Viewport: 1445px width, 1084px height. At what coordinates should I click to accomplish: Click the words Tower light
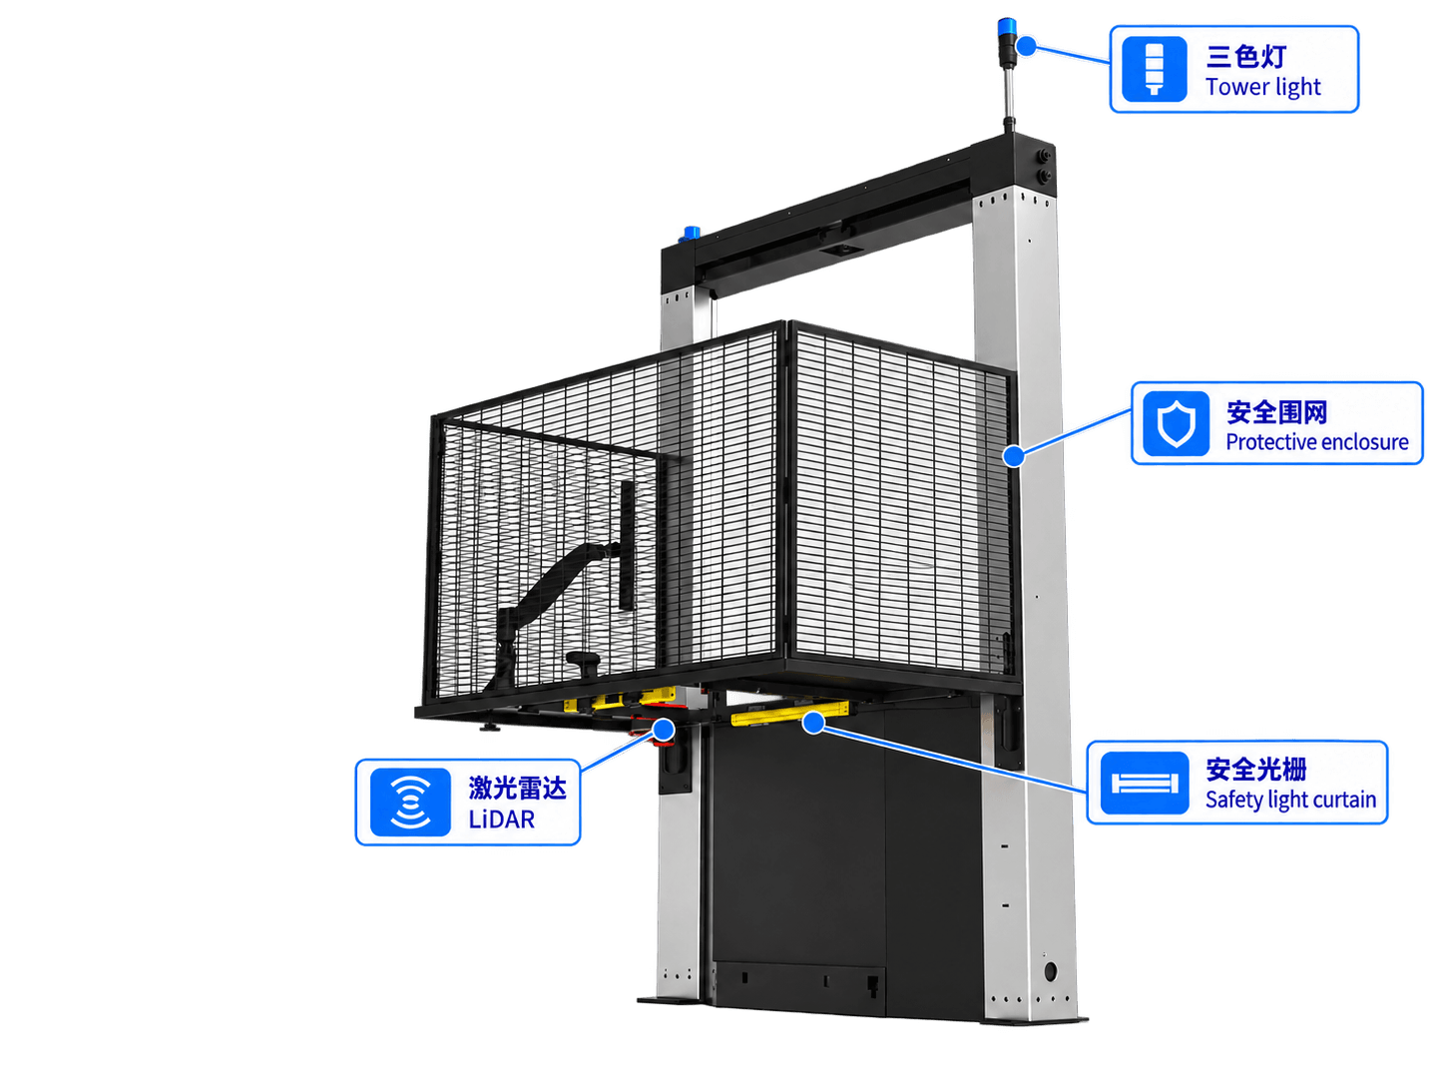coord(1262,87)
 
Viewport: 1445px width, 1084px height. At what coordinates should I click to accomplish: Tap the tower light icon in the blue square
coord(1154,69)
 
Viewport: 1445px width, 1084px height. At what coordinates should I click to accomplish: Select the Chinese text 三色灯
coord(1245,56)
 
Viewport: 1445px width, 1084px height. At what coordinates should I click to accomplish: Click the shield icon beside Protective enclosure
coord(1176,424)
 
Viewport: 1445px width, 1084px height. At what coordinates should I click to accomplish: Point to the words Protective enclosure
coord(1316,441)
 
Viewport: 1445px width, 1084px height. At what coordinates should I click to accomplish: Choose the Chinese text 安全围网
coord(1276,412)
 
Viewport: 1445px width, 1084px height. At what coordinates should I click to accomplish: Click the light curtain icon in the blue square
coord(1145,784)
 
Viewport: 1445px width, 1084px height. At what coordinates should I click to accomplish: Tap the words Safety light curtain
coord(1290,800)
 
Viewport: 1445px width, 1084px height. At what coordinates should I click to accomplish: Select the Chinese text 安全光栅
coord(1255,769)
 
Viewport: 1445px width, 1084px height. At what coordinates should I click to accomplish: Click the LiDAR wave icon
coord(411,803)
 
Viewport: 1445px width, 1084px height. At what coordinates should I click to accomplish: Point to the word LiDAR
coord(502,820)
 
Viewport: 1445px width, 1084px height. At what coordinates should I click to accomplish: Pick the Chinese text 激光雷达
coord(518,788)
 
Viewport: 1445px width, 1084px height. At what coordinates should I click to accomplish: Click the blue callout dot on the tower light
coord(1026,46)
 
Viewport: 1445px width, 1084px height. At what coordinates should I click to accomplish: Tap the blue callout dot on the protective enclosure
coord(1014,455)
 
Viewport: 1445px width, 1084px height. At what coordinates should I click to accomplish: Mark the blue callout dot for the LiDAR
coord(664,730)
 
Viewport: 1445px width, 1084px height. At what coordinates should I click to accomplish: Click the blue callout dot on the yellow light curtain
coord(814,724)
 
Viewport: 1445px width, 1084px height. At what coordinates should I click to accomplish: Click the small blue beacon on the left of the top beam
coord(692,233)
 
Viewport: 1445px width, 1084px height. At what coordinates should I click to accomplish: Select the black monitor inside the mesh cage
coord(627,544)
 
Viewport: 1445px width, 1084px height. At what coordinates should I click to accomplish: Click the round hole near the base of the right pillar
coord(1050,971)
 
